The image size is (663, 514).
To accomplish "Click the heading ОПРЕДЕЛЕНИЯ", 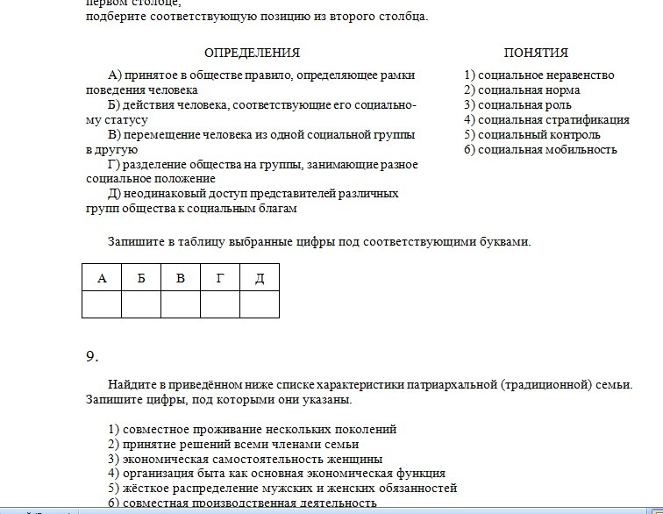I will (252, 53).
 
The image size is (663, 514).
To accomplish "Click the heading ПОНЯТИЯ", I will (536, 53).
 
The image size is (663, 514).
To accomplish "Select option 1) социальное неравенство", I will (538, 75).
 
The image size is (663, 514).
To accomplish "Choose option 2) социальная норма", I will (522, 90).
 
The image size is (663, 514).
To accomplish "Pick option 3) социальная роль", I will (517, 105).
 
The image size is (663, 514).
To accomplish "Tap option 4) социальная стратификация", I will (546, 120).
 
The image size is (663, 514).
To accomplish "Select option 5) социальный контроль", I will (532, 135).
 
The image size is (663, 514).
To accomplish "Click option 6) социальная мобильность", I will (540, 150).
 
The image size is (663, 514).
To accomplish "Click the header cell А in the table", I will (102, 278).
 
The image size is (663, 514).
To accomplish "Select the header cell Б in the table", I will (141, 278).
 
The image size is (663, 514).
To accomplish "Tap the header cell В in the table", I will (181, 278).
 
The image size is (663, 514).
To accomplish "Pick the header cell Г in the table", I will (220, 278).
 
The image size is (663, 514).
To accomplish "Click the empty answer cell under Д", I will (260, 304).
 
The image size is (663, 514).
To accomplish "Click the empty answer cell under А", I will (102, 304).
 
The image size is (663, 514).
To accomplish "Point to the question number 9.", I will (92, 356).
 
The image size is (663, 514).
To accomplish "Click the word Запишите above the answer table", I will (137, 241).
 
